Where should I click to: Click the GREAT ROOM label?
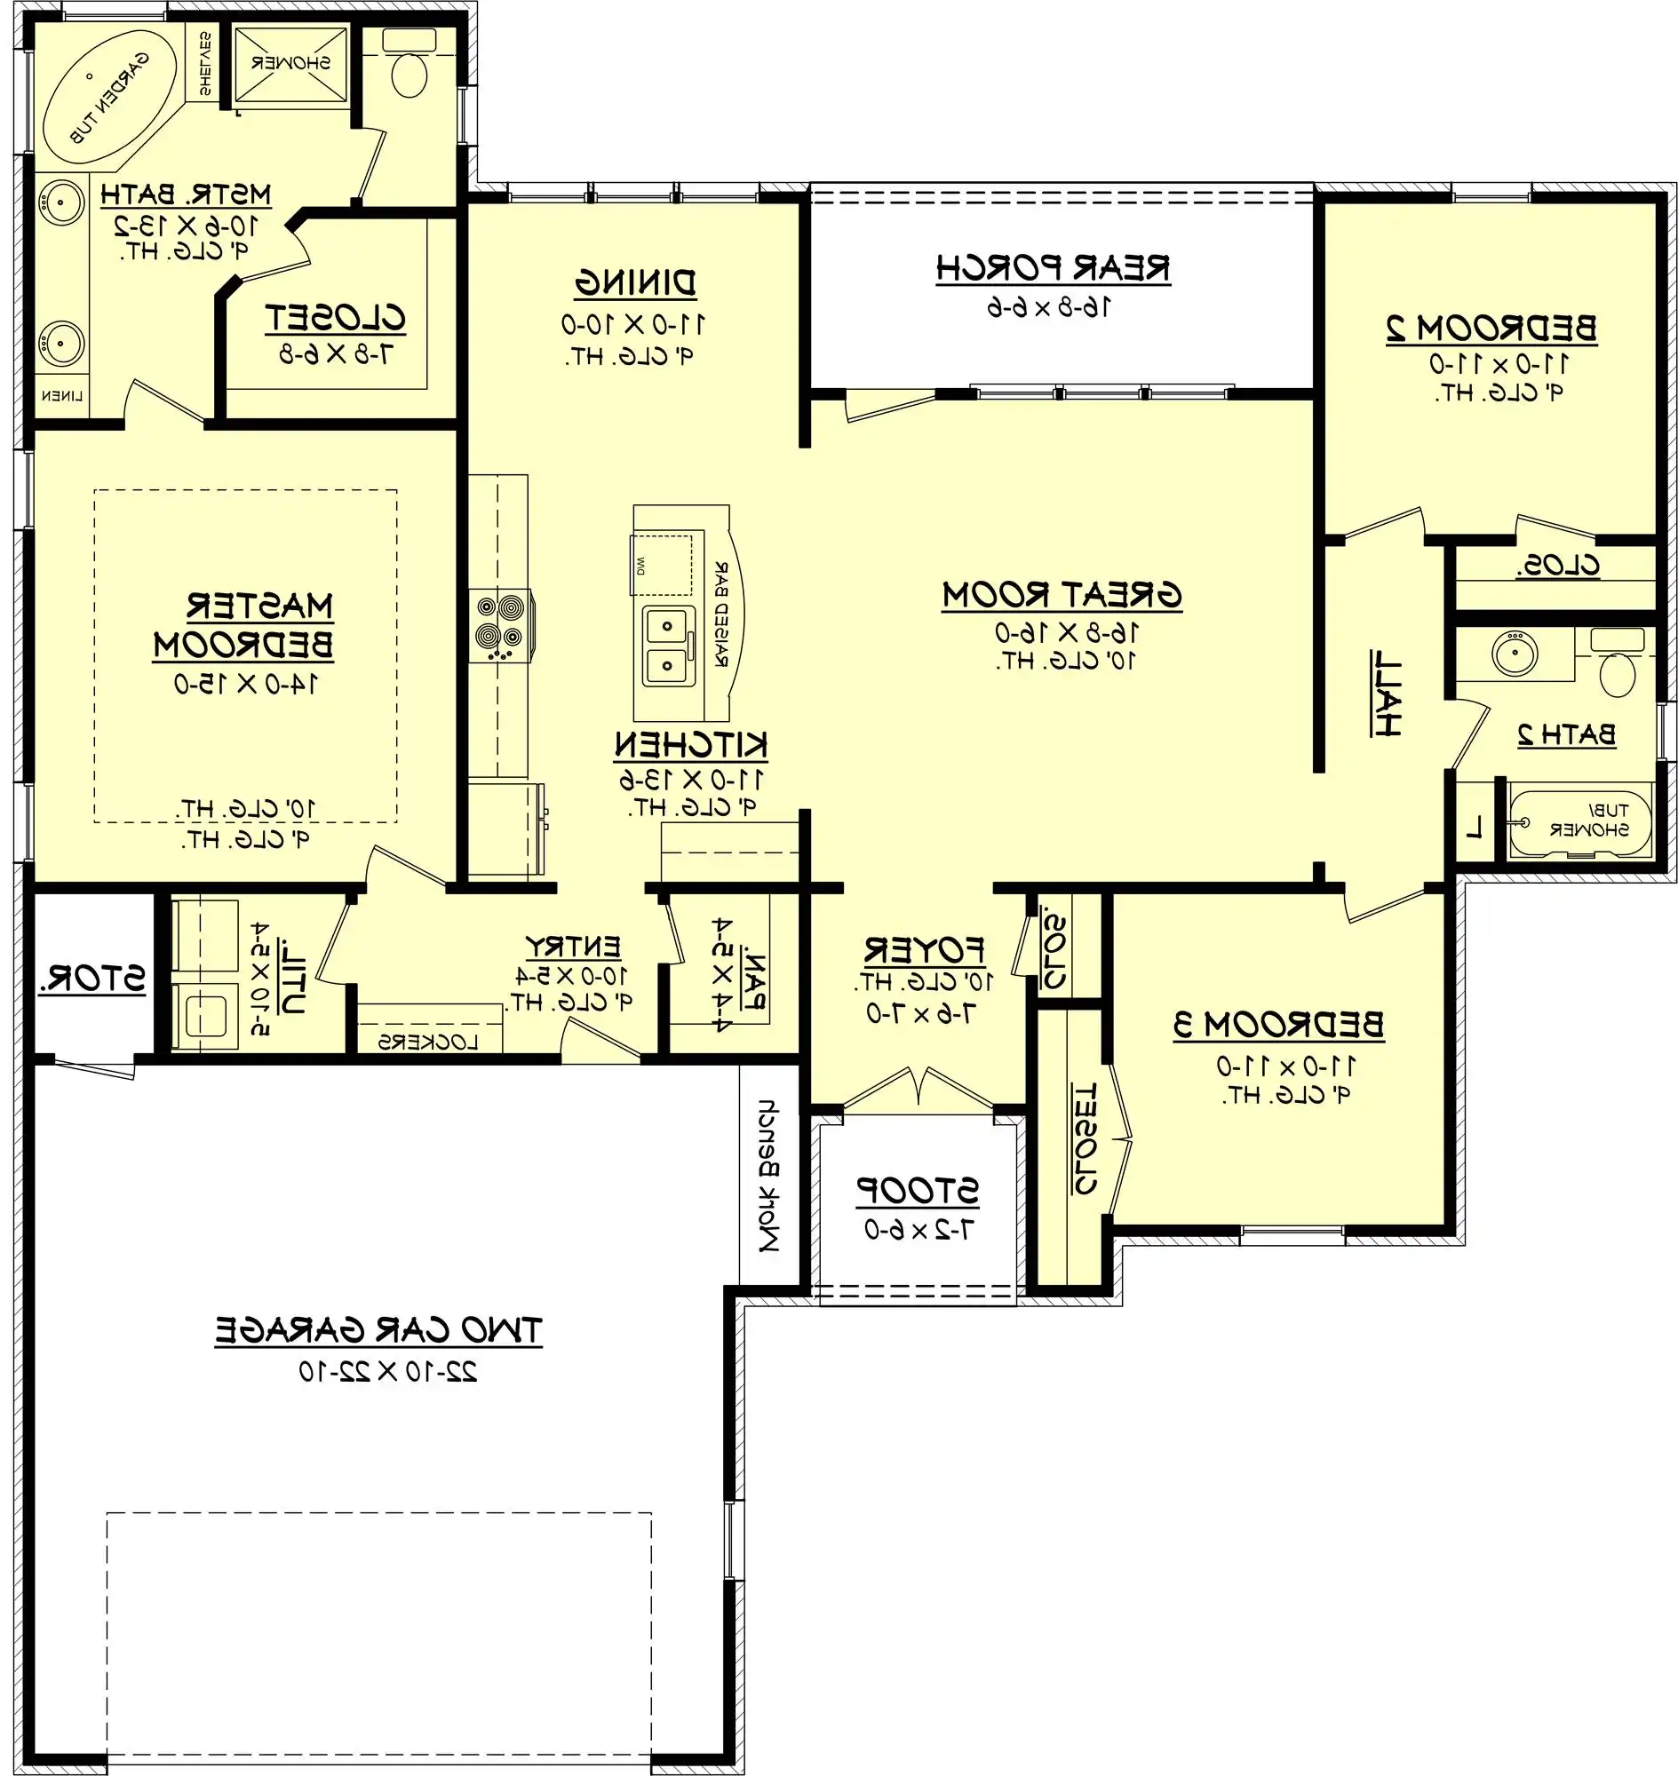[1062, 596]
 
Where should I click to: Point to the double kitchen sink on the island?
[667, 647]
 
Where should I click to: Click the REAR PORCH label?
[1053, 268]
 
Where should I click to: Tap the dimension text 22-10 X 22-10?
[387, 1371]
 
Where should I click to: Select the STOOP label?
[918, 1190]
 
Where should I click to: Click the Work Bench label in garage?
[768, 1175]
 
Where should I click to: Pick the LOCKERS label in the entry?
[427, 1042]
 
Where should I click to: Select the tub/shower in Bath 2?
[1579, 821]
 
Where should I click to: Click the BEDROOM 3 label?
[1278, 1025]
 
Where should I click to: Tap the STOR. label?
[92, 979]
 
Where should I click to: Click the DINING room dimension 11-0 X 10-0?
[632, 324]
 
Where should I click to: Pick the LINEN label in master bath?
[61, 395]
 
